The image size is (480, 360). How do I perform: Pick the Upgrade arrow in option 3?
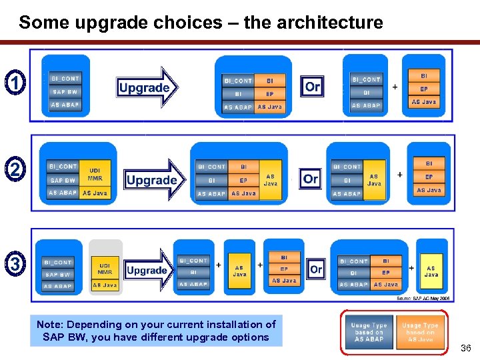pyautogui.click(x=149, y=270)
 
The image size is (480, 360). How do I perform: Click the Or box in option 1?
pyautogui.click(x=312, y=86)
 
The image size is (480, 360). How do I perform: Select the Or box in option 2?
pyautogui.click(x=311, y=179)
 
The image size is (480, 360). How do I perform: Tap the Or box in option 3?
pyautogui.click(x=316, y=269)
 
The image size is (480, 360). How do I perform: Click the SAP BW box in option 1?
pyautogui.click(x=65, y=92)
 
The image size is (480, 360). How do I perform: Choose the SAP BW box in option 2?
pyautogui.click(x=63, y=180)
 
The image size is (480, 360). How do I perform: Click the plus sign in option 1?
pyautogui.click(x=395, y=87)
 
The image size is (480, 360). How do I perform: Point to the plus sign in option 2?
pyautogui.click(x=400, y=175)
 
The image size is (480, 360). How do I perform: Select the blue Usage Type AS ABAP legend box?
pyautogui.click(x=369, y=331)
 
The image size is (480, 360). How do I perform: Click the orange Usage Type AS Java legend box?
pyautogui.click(x=420, y=331)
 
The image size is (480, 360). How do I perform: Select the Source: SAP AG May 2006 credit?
pyautogui.click(x=423, y=299)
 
